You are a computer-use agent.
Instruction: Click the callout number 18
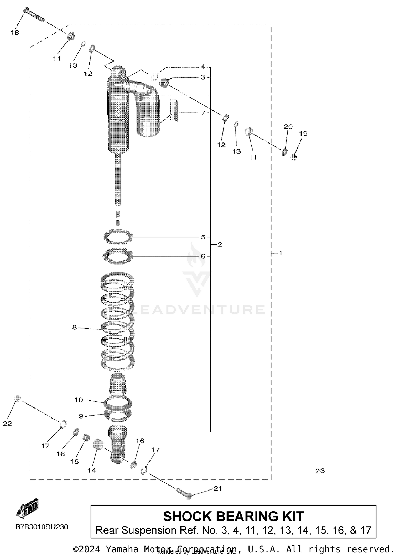[x=15, y=33]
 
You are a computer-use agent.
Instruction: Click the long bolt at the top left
[x=34, y=15]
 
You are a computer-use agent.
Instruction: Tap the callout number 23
[x=320, y=471]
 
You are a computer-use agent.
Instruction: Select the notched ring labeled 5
[x=118, y=237]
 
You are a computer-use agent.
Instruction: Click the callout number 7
[x=203, y=113]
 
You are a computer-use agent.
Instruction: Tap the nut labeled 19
[x=294, y=157]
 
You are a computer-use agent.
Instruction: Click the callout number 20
[x=288, y=127]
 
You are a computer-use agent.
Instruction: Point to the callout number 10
[x=79, y=400]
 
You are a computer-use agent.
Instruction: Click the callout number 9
[x=81, y=416]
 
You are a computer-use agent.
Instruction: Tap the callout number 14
[x=92, y=471]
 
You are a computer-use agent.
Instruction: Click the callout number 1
[x=280, y=253]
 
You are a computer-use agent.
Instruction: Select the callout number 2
[x=220, y=244]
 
